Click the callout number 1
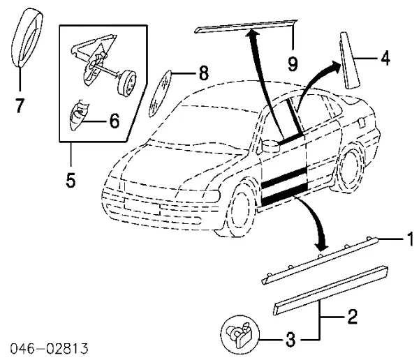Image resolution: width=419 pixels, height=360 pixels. pyautogui.click(x=411, y=240)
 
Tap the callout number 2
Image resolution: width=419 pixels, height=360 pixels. pyautogui.click(x=352, y=318)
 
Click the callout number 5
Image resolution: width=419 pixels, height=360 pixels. pyautogui.click(x=71, y=180)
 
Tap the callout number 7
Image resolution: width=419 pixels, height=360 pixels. pyautogui.click(x=20, y=105)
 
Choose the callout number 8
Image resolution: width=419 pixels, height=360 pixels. pyautogui.click(x=203, y=72)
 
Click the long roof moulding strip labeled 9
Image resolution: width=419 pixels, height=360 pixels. pyautogui.click(x=244, y=25)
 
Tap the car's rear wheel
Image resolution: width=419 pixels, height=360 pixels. pyautogui.click(x=348, y=172)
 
